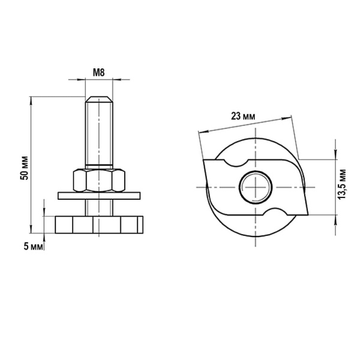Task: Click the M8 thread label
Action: coord(98,73)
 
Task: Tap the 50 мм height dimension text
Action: coord(25,168)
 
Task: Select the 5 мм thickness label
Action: coord(33,247)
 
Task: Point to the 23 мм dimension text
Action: coord(243,116)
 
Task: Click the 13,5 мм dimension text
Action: coord(342,184)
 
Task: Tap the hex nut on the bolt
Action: coord(99,180)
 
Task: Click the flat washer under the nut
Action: coord(99,196)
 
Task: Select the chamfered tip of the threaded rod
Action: coord(99,99)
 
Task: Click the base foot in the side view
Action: coord(99,224)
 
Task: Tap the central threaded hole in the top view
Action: coord(256,187)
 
